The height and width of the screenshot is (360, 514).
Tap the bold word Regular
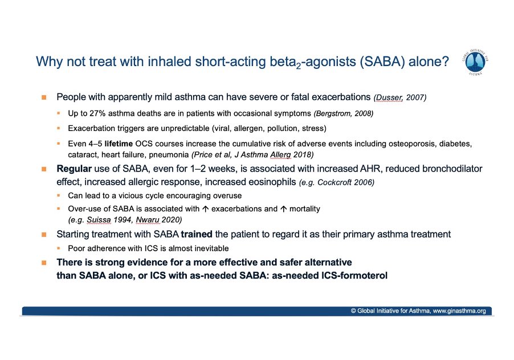click(x=74, y=169)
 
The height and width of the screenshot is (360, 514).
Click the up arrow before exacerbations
click(x=205, y=208)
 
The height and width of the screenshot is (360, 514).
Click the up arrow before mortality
click(x=284, y=208)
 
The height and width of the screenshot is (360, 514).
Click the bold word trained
click(x=197, y=234)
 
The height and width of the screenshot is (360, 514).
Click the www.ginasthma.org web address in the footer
click(x=459, y=311)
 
